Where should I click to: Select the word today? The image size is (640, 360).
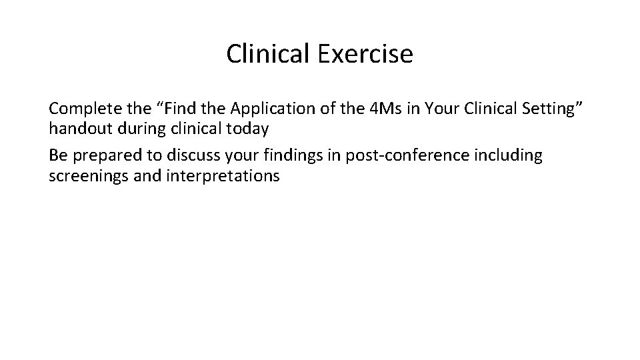point(248,128)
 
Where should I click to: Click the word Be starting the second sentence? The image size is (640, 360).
point(57,156)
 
